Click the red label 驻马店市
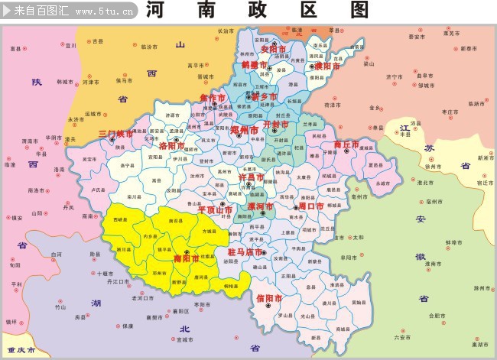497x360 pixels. pos(245,251)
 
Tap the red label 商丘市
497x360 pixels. pos(346,144)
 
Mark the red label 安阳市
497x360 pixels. pos(273,49)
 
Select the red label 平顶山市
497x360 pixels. pos(215,209)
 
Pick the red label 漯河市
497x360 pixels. pos(261,207)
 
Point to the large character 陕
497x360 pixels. pos(36,82)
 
